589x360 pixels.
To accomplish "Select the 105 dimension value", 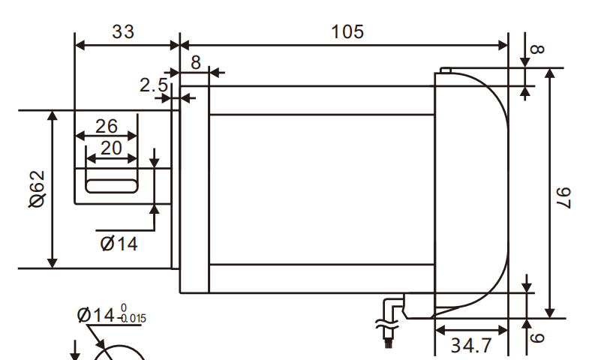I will pos(347,31).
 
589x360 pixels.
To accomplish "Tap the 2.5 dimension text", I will pos(154,85).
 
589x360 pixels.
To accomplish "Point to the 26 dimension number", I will pos(107,125).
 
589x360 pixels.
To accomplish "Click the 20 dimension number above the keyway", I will pos(110,148).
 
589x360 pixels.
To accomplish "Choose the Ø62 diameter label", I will pos(37,188).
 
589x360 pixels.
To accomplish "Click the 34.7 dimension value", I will pos(470,346).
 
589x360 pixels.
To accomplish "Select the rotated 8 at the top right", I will pos(537,50).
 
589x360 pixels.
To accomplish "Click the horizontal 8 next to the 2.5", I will pos(195,62).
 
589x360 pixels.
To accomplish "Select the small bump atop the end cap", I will pos(444,70).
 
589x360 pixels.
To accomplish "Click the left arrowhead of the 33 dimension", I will pos(79,44).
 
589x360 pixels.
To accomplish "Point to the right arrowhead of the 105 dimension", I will pos(503,44).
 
